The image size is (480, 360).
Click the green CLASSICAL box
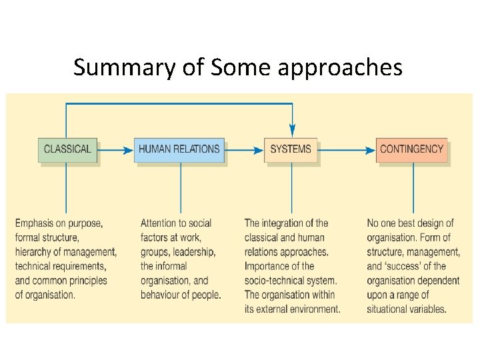click(67, 149)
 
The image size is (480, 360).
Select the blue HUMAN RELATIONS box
click(179, 149)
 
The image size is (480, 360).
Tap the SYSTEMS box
click(291, 149)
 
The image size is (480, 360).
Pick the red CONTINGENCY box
click(411, 149)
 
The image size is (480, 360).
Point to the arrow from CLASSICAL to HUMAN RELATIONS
click(116, 151)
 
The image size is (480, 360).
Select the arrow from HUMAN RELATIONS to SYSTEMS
click(245, 151)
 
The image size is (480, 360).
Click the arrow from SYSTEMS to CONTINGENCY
click(347, 151)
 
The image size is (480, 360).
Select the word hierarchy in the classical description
click(36, 251)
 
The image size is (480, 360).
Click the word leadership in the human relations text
click(194, 251)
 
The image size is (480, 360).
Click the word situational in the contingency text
click(389, 309)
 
